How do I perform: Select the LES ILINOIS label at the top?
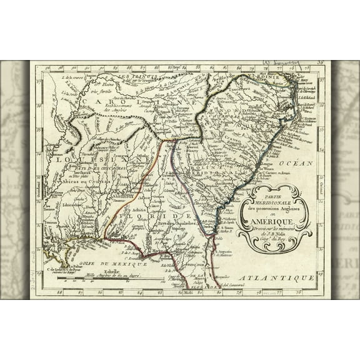pos(132,77)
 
